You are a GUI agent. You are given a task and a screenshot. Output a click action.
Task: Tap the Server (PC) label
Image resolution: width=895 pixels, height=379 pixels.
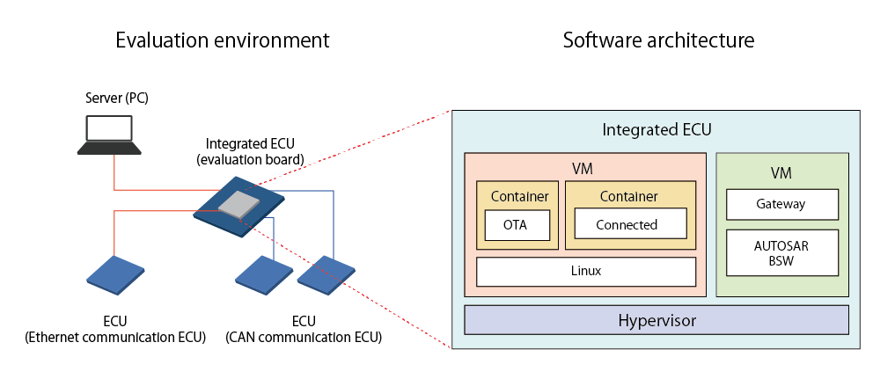(116, 98)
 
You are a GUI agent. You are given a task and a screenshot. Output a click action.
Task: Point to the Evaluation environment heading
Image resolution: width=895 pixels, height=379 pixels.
(223, 40)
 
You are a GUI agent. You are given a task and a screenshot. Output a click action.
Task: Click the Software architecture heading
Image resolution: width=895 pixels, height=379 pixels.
(658, 40)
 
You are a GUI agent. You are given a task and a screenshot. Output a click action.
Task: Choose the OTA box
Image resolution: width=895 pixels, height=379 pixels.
(517, 225)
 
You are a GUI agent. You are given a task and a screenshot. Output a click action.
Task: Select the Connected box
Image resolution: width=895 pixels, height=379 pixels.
(627, 224)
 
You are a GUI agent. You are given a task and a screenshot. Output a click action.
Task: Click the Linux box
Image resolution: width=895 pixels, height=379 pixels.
(585, 271)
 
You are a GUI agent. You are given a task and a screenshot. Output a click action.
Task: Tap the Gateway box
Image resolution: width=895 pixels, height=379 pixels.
(781, 204)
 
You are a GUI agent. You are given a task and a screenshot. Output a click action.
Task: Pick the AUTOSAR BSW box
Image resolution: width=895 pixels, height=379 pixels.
(781, 253)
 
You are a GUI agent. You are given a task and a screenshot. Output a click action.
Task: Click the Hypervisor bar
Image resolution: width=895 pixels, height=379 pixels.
(656, 320)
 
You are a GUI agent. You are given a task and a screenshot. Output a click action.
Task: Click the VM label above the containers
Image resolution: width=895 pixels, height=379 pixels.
(585, 167)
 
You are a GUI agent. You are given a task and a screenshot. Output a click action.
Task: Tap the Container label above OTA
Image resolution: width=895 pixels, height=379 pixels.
(519, 196)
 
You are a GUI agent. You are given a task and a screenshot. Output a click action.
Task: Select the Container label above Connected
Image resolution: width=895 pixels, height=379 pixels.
(629, 196)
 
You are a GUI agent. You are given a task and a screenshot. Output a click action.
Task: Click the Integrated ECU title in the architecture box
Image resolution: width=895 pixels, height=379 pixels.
(656, 130)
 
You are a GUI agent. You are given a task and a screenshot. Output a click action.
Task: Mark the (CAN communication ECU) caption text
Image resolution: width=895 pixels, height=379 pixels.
(303, 337)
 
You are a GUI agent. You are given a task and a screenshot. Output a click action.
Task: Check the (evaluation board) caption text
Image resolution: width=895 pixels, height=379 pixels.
(250, 159)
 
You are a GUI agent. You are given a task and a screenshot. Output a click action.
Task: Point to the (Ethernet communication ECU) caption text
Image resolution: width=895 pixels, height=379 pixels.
(115, 337)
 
